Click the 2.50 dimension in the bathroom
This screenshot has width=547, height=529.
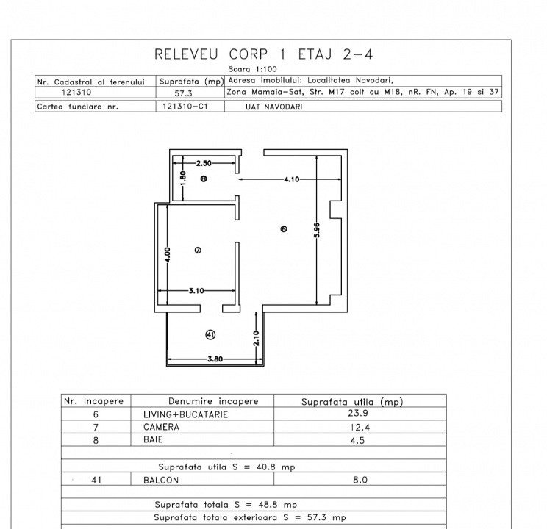click(x=204, y=163)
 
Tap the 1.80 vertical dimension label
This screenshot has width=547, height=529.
click(x=183, y=179)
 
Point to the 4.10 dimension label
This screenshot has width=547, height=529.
click(x=292, y=179)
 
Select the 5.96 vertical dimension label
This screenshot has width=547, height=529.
click(x=316, y=230)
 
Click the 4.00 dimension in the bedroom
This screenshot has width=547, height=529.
click(x=168, y=254)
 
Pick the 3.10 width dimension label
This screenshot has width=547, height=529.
click(x=196, y=290)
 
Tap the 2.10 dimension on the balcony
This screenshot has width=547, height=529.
click(x=257, y=338)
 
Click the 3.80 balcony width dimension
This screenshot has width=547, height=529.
click(x=215, y=359)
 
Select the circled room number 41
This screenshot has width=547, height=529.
click(x=210, y=335)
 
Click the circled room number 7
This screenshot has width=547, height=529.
click(x=198, y=250)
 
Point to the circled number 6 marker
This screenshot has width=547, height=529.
click(x=284, y=228)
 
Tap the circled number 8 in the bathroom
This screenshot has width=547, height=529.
click(x=204, y=179)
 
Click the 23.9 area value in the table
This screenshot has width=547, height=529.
click(x=358, y=413)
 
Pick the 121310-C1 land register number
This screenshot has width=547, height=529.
click(x=185, y=107)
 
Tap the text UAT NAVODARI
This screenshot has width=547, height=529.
click(x=273, y=107)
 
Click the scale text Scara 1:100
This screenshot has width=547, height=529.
click(x=253, y=69)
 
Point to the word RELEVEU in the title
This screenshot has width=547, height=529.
click(x=186, y=54)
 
